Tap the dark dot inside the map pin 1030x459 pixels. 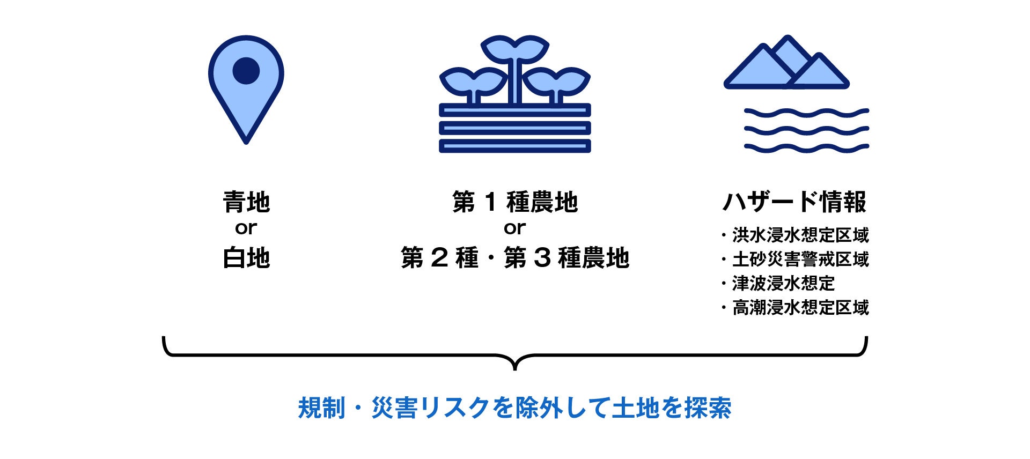246,70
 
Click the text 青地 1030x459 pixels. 246,202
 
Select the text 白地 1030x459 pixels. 246,258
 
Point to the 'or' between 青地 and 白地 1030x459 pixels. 246,228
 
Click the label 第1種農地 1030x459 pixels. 515,202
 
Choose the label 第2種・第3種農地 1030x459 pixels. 515,258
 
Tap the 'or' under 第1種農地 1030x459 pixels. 515,228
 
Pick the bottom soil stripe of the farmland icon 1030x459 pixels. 515,146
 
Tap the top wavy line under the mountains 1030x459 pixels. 806,113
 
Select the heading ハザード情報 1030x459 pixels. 794,202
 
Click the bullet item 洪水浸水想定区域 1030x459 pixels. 800,235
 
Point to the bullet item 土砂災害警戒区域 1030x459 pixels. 800,260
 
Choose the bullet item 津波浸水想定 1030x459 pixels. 783,283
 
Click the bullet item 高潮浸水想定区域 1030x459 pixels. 800,308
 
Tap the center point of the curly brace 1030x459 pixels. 515,365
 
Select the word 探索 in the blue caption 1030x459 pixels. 708,408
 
